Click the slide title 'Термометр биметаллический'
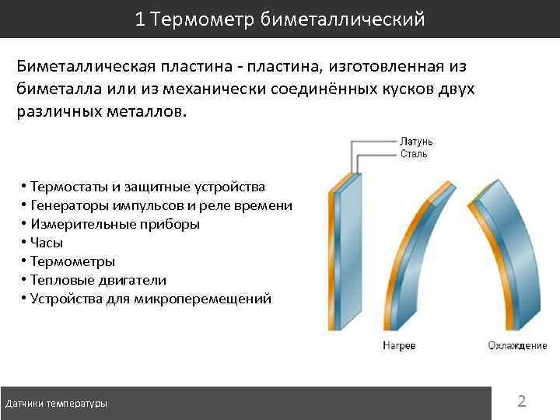[289, 19]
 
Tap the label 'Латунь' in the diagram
[416, 142]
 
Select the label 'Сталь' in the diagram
[414, 154]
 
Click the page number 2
[522, 401]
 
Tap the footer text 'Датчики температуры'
[56, 404]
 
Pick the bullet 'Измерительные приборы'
[114, 224]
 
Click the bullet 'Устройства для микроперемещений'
[151, 299]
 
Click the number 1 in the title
[140, 19]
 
